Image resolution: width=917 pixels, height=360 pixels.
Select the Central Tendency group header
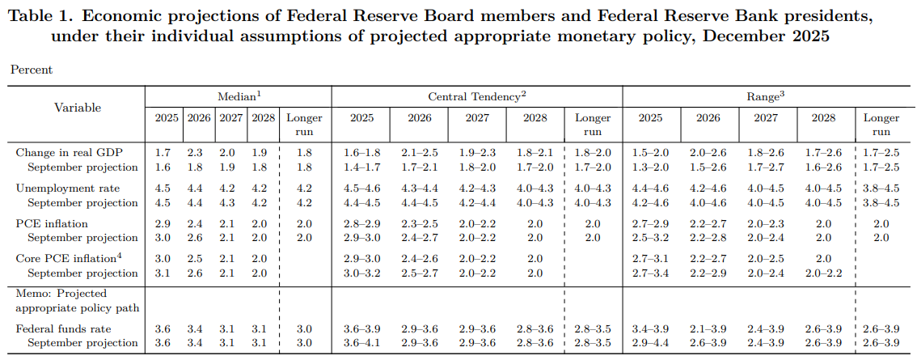pyautogui.click(x=476, y=95)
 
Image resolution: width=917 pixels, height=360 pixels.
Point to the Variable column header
pyautogui.click(x=78, y=108)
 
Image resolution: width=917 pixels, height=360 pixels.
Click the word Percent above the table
pyautogui.click(x=32, y=70)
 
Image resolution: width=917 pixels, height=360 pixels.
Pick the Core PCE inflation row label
pyautogui.click(x=67, y=258)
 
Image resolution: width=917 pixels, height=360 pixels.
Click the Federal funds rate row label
pyautogui.click(x=63, y=328)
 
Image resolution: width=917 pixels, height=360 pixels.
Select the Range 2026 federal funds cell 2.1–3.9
pyautogui.click(x=708, y=328)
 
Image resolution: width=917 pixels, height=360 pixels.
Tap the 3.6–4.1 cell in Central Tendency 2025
pyautogui.click(x=361, y=343)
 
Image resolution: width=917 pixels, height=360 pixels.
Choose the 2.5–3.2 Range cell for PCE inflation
pyautogui.click(x=650, y=238)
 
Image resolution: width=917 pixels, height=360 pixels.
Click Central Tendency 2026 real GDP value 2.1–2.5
pyautogui.click(x=419, y=152)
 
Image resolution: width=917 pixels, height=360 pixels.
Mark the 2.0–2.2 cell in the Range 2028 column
pyautogui.click(x=823, y=273)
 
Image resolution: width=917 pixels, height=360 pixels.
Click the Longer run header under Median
pyautogui.click(x=304, y=125)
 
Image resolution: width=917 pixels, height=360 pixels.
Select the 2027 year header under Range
pyautogui.click(x=766, y=117)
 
